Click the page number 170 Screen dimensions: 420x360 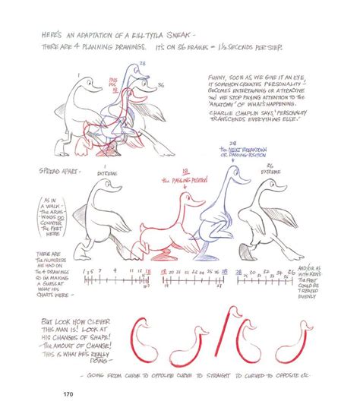[x=67, y=394]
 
